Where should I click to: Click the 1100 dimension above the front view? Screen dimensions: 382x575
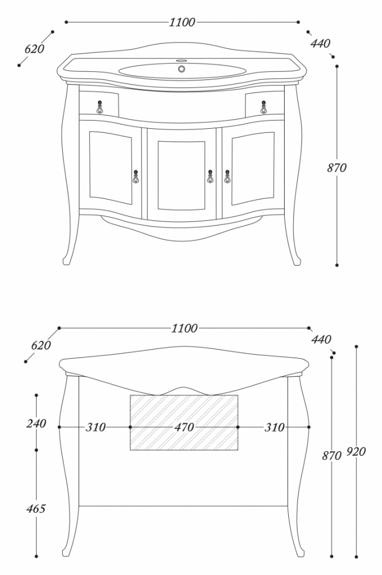(x=182, y=22)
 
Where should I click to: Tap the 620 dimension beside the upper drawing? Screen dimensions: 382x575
(x=34, y=49)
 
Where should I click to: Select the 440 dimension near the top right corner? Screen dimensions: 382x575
(x=320, y=44)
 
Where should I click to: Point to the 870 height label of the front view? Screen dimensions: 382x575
(x=337, y=167)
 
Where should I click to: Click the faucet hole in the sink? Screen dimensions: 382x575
(x=182, y=68)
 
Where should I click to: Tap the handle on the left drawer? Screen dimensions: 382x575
(x=100, y=107)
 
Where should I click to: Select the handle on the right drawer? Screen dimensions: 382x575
(x=264, y=107)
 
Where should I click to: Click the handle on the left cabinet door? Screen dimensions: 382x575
(x=136, y=177)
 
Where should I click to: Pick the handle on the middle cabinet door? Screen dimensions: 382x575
(x=210, y=177)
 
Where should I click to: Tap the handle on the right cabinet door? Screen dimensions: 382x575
(x=227, y=177)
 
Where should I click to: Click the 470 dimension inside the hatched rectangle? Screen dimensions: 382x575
(x=184, y=427)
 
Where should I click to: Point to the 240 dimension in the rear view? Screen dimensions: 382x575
(x=36, y=424)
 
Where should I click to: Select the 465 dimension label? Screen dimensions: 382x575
(x=36, y=509)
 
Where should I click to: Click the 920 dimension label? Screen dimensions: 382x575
(x=356, y=452)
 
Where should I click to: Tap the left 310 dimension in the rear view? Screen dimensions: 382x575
(x=96, y=427)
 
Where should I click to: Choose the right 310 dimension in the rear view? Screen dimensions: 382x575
(x=274, y=427)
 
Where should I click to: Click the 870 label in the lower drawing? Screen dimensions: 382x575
(x=332, y=455)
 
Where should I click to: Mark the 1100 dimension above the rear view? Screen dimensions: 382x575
(x=185, y=328)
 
